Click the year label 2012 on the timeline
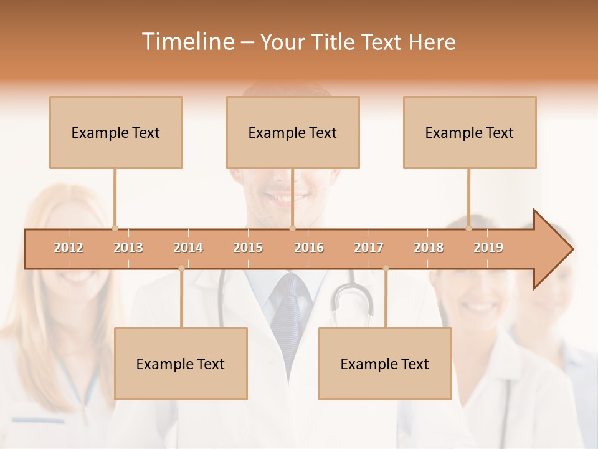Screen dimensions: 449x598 [x=69, y=248]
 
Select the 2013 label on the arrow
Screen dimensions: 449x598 [x=128, y=248]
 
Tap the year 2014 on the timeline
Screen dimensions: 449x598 [x=188, y=248]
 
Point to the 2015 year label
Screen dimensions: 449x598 [x=248, y=248]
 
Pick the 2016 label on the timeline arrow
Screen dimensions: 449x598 [x=309, y=248]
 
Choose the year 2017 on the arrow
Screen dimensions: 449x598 [x=369, y=248]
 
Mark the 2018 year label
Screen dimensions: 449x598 [x=429, y=248]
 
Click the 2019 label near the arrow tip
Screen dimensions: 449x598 [x=488, y=248]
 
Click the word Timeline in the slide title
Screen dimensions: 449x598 [x=186, y=42]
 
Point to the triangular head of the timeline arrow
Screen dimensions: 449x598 [x=552, y=249]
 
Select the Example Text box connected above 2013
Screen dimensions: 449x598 [x=116, y=132]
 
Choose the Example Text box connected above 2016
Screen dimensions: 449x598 [x=293, y=132]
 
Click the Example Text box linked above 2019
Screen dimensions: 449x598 [x=470, y=132]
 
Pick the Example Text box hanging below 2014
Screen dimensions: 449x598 [x=181, y=364]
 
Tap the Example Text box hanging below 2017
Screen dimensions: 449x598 [x=385, y=364]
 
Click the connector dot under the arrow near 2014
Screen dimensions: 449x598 [x=181, y=268]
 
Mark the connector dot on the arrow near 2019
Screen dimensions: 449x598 [x=469, y=228]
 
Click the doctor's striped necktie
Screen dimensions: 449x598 [x=290, y=312]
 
